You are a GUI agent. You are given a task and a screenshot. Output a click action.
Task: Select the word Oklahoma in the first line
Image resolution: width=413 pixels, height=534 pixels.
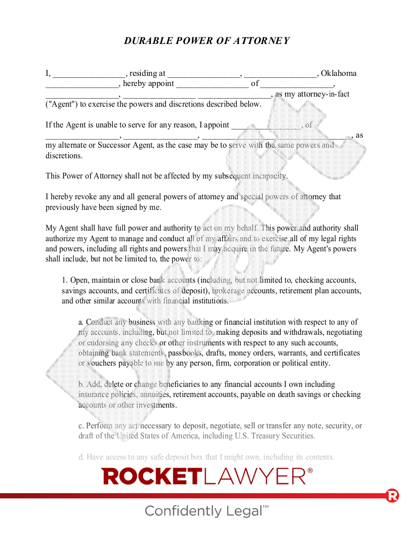339,73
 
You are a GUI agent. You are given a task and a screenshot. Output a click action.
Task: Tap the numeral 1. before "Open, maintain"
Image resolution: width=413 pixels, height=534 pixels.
65,280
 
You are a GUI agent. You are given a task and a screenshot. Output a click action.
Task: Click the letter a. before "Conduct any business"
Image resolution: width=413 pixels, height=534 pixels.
81,322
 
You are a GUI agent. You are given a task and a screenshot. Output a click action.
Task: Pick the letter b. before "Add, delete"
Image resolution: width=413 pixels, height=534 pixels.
81,384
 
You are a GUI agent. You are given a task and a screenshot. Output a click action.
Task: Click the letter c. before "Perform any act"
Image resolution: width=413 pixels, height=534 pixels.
81,426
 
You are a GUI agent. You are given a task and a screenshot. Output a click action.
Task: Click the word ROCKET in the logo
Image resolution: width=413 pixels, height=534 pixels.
152,476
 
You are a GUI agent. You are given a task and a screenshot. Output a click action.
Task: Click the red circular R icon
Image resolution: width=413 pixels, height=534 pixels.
392,496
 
